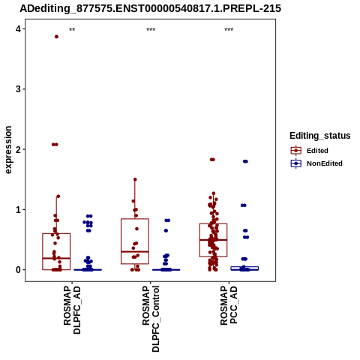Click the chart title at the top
pyautogui.click(x=151, y=8)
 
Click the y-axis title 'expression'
pyautogui.click(x=8, y=150)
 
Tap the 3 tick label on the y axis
pyautogui.click(x=18, y=89)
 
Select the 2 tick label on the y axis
pyautogui.click(x=18, y=149)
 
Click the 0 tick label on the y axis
pyautogui.click(x=18, y=270)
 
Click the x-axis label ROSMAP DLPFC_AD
pyautogui.click(x=72, y=310)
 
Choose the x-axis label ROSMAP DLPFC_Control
pyautogui.click(x=151, y=319)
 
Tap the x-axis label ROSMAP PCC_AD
pyautogui.click(x=229, y=305)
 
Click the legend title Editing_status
pyautogui.click(x=320, y=136)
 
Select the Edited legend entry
pyautogui.click(x=310, y=151)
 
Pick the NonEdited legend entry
pyautogui.click(x=316, y=163)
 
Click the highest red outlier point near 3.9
pyautogui.click(x=56, y=37)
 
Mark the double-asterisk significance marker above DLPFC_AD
pyautogui.click(x=72, y=30)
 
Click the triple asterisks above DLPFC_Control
pyautogui.click(x=151, y=30)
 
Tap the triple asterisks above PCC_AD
pyautogui.click(x=229, y=30)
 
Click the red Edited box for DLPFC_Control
pyautogui.click(x=135, y=219)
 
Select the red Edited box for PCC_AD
pyautogui.click(x=213, y=223)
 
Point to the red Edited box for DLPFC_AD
pyautogui.click(x=56, y=234)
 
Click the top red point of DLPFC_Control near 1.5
pyautogui.click(x=135, y=179)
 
